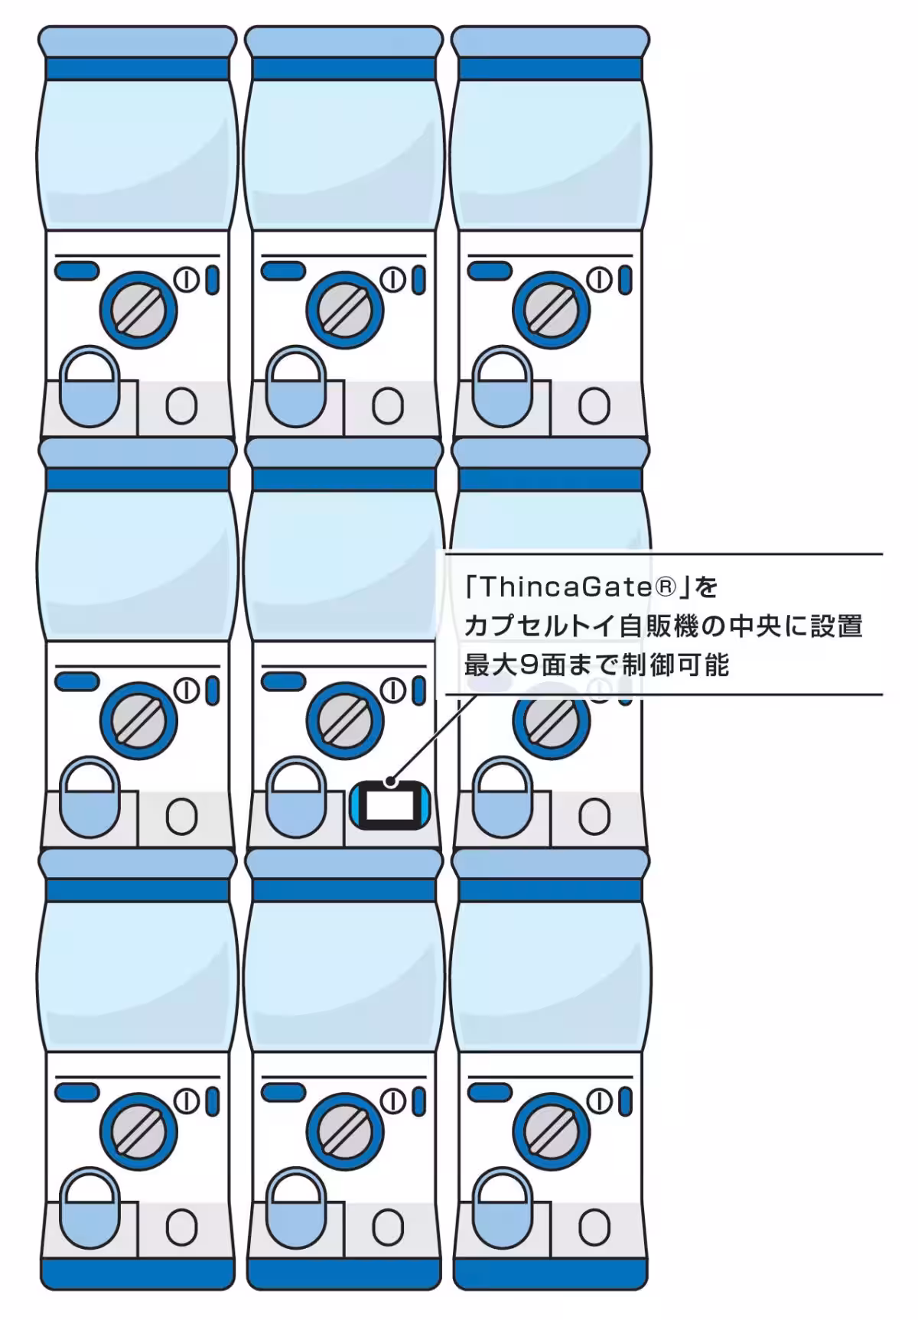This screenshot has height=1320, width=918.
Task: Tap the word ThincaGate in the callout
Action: [x=568, y=587]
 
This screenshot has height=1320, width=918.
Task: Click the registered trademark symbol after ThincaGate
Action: [x=666, y=587]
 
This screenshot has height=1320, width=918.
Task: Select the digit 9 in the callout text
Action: [x=527, y=665]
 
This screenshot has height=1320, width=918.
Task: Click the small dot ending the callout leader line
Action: [x=391, y=781]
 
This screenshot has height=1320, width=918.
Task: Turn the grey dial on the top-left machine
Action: [x=138, y=310]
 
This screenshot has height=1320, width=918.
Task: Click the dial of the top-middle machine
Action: [x=344, y=310]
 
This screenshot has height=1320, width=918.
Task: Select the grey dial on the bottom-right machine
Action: [x=551, y=1131]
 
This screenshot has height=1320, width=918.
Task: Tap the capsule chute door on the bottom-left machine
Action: [x=90, y=1207]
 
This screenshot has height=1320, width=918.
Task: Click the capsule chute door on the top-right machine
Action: [x=503, y=386]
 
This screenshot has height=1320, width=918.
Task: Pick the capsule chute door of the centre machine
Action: [x=296, y=797]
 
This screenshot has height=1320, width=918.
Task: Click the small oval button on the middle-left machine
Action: [x=181, y=816]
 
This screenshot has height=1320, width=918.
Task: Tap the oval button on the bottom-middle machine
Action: [x=388, y=1227]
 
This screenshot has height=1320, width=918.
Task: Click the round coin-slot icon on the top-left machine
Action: [x=187, y=280]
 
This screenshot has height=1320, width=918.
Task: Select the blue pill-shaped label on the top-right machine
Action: [x=490, y=271]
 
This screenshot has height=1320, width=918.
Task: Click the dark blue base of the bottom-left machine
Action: [x=138, y=1273]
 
